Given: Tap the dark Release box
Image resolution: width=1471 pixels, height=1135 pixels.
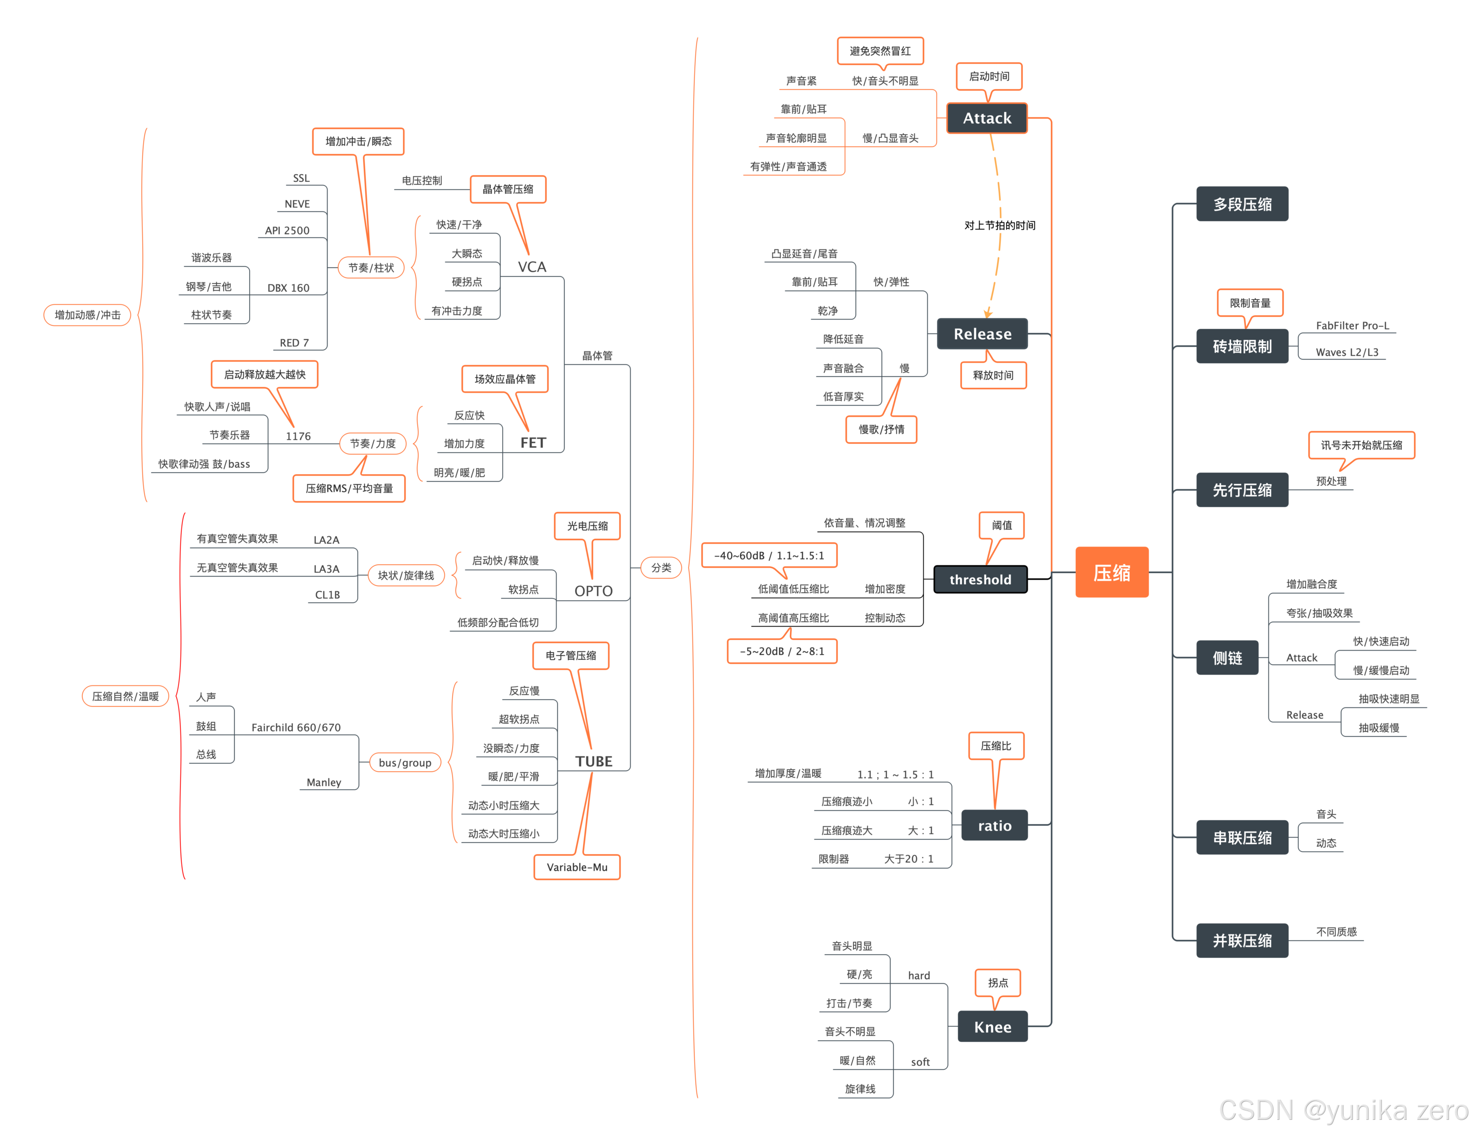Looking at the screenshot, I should (982, 333).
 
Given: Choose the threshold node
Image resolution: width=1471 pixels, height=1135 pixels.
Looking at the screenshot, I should (980, 580).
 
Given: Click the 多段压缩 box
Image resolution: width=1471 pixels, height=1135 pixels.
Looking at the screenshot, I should (1242, 204).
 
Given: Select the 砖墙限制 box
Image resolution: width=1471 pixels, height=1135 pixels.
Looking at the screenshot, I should (1242, 346).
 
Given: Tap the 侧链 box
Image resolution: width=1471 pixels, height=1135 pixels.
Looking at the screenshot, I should (1227, 657).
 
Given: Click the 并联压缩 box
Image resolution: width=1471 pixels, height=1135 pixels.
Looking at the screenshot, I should (1242, 940).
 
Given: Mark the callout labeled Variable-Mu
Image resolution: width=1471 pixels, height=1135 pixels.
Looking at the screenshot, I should (577, 867).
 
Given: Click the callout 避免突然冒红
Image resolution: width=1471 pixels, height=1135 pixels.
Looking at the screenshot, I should (880, 50).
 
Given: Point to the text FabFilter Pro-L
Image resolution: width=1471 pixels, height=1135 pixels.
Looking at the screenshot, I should (1352, 326).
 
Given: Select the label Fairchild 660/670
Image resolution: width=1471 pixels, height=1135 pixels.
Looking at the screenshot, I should (296, 728).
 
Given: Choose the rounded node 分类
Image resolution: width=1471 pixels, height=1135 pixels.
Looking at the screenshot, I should (661, 567).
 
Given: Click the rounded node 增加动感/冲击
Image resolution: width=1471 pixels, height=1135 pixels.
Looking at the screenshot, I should (88, 315).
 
